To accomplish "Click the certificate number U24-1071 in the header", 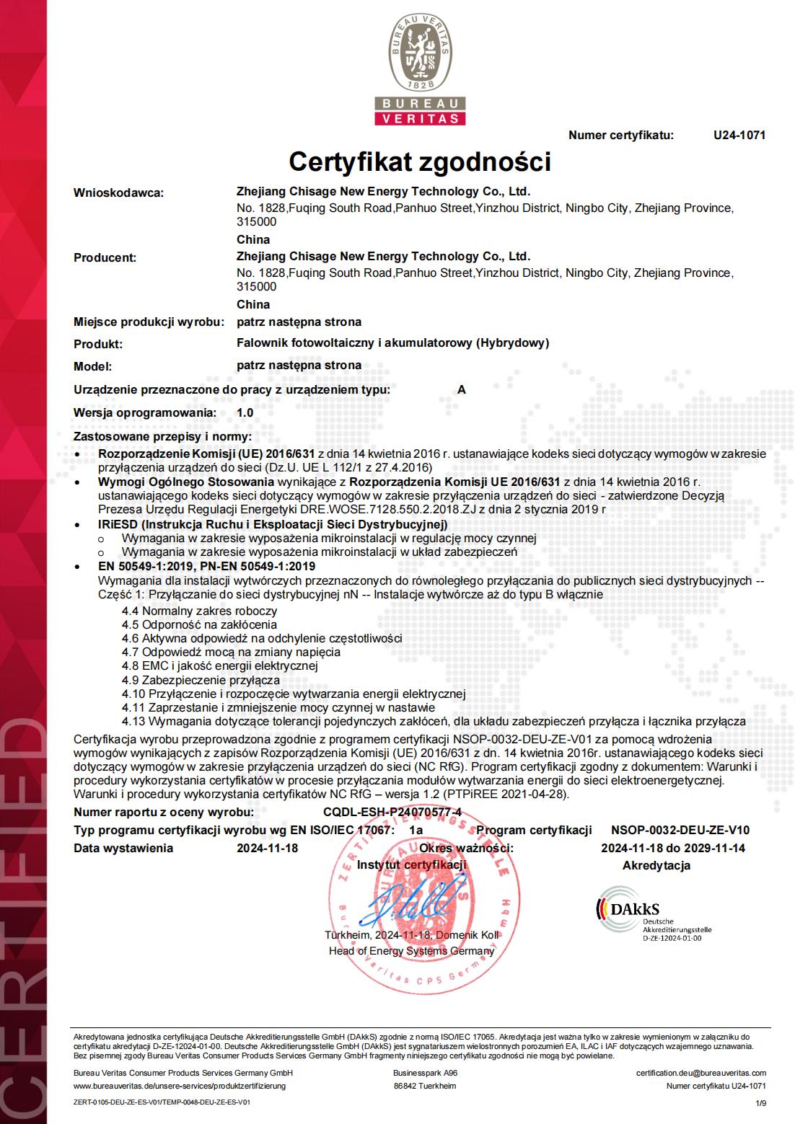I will [739, 135].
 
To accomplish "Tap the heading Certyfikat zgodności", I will [419, 161].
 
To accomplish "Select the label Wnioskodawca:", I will [119, 193].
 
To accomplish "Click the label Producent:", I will [105, 257].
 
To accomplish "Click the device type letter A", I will [462, 389].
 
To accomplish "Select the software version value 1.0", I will [245, 412].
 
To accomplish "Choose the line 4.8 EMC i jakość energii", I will [219, 665].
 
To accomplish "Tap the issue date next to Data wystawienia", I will [267, 848].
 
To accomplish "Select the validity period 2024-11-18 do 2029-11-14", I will [672, 848].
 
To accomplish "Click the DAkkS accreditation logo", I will [653, 915].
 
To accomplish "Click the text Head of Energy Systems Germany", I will [411, 950].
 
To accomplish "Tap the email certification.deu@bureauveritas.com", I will [700, 1073].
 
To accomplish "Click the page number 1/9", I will [760, 1102].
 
